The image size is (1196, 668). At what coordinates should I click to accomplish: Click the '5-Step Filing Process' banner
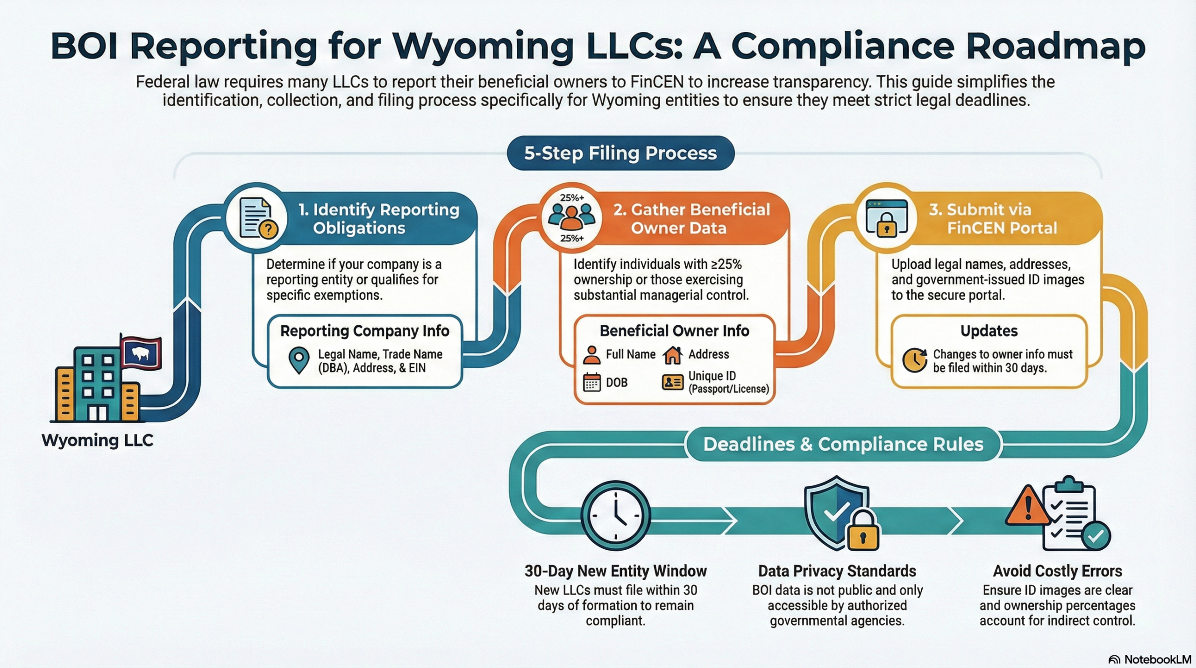coord(620,153)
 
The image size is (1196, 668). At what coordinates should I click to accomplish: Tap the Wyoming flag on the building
coord(141,353)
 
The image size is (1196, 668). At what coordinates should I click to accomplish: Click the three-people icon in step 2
coord(571,217)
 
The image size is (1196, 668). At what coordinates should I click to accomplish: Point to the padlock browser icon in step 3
coord(886,218)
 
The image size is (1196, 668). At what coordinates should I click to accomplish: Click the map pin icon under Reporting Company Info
coord(299,360)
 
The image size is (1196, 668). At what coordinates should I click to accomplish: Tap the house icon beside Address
coord(672,355)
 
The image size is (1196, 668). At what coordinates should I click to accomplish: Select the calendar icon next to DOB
coord(591,382)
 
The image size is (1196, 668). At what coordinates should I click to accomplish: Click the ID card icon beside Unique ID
coord(672,382)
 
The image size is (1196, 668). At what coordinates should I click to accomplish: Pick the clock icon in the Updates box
coord(914,360)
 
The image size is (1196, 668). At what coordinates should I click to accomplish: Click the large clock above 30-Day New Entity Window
coord(615,515)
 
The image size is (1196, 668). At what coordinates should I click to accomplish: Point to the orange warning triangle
coord(1027,506)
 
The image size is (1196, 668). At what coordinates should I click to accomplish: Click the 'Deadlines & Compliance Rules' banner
coord(843,444)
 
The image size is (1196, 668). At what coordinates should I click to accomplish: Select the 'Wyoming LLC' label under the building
coord(97,440)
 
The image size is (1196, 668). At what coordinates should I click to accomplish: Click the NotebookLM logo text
coord(1157,659)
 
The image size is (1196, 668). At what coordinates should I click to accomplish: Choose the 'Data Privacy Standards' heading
coord(837,571)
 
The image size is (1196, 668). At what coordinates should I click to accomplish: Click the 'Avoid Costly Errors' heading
coord(1057,571)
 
